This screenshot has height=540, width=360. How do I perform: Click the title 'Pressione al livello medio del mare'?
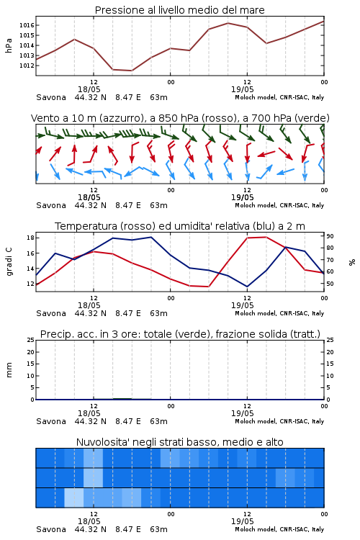[179, 10]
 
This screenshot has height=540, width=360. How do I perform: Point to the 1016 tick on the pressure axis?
[26, 25]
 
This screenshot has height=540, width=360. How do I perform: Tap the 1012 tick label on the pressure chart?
[26, 66]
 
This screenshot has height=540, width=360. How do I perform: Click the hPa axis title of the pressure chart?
[9, 45]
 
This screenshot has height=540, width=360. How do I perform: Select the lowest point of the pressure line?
[132, 71]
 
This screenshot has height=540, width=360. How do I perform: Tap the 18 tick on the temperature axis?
[30, 238]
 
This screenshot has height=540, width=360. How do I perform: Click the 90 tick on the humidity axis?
[330, 236]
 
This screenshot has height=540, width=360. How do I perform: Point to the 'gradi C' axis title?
[9, 262]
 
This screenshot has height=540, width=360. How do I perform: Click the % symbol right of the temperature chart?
[352, 262]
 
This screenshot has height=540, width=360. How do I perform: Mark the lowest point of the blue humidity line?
[247, 287]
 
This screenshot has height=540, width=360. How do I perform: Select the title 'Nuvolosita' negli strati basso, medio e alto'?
[179, 442]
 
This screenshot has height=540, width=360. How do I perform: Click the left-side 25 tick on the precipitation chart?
[30, 341]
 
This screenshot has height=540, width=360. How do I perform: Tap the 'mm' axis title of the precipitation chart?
[9, 370]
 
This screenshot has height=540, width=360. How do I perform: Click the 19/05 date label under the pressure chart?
[242, 89]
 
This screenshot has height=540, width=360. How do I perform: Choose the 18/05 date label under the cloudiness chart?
[89, 521]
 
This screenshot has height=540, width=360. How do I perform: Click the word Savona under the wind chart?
[51, 206]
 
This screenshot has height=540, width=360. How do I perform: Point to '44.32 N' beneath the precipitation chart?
[90, 421]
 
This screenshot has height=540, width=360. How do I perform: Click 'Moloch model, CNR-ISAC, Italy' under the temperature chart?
[279, 313]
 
